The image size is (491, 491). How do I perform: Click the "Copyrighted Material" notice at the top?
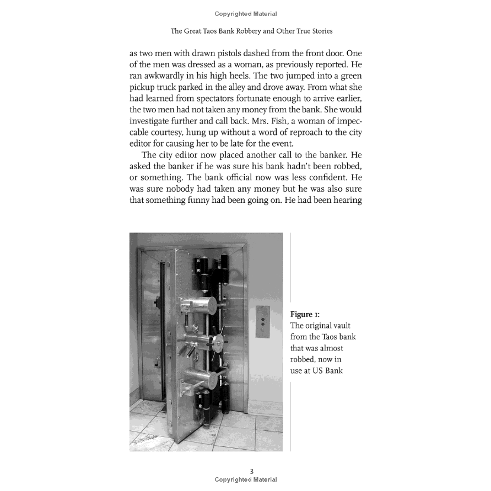246,14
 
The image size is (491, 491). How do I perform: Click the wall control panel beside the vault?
263,321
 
